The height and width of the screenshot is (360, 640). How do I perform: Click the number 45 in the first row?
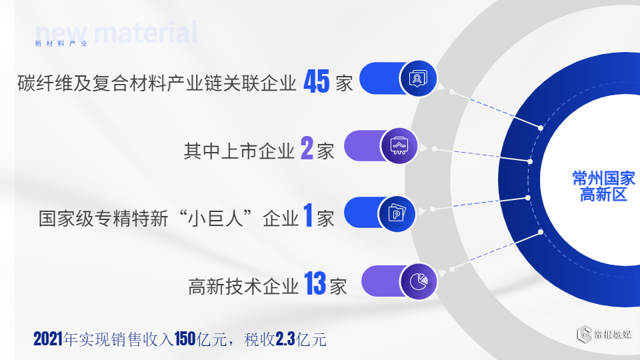(x=317, y=82)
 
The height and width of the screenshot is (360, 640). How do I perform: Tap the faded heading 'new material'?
(x=117, y=32)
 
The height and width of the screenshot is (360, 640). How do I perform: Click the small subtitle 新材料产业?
(x=61, y=44)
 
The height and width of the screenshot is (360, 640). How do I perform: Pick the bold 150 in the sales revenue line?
(x=183, y=339)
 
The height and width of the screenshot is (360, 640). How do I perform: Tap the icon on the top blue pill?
(x=418, y=79)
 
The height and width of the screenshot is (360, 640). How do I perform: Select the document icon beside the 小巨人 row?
(x=398, y=213)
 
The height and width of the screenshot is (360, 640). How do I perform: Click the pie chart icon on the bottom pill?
(x=418, y=281)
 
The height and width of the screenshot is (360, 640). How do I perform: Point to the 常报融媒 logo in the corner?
(x=604, y=335)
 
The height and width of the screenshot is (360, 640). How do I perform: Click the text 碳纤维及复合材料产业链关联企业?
(x=157, y=83)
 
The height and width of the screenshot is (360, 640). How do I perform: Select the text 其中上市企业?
(x=239, y=151)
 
